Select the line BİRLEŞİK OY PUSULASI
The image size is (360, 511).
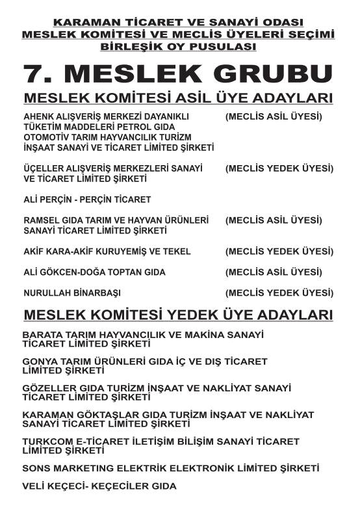pos(179,47)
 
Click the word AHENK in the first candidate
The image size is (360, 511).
pos(38,117)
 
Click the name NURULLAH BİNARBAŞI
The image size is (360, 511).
pos(72,293)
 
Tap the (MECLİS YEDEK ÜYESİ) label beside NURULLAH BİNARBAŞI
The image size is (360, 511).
pos(279,293)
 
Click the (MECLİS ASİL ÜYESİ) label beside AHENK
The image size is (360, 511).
pos(274,117)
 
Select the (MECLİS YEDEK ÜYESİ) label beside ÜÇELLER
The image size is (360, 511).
pos(279,168)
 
